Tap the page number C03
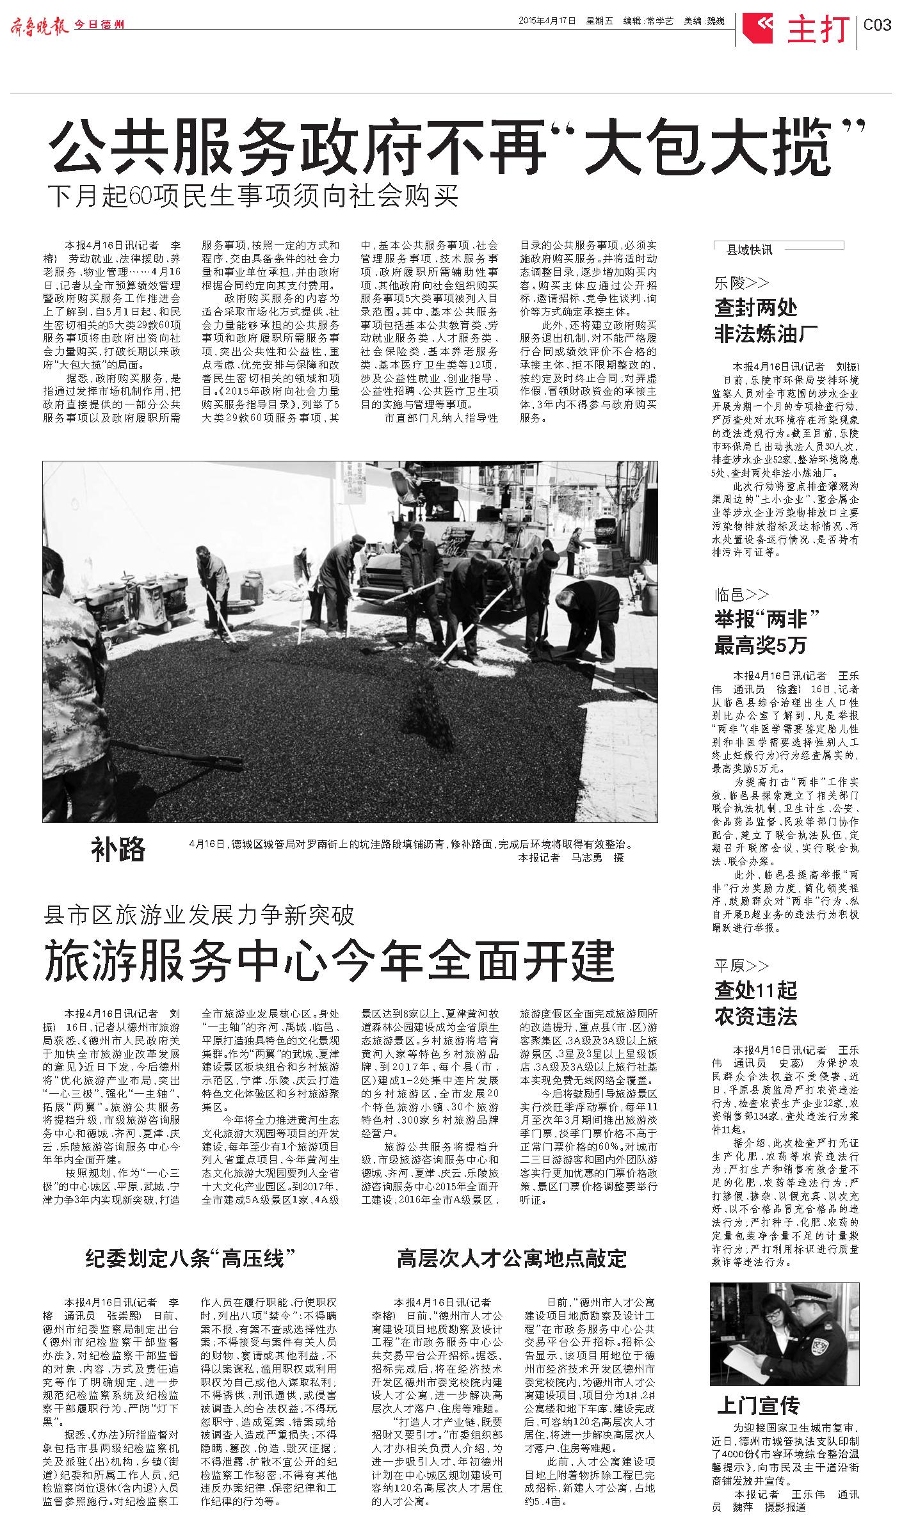(877, 26)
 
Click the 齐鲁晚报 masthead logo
(40, 26)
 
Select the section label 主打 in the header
(819, 29)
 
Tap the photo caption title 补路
(118, 850)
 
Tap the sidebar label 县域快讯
(750, 250)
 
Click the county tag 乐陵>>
(742, 283)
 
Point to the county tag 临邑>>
(742, 595)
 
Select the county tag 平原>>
(742, 966)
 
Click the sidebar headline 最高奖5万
(761, 645)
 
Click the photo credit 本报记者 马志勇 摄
(571, 858)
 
